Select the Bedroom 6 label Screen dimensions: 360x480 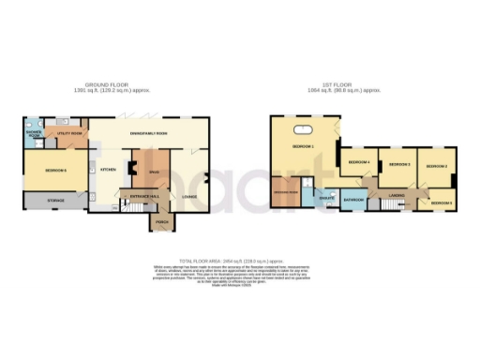click(x=52, y=170)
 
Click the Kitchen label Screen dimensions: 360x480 click(x=108, y=170)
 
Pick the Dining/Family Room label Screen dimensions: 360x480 click(x=155, y=132)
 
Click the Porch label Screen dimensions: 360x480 click(x=161, y=222)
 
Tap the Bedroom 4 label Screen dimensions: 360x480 click(x=358, y=162)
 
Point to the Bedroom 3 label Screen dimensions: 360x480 click(x=397, y=164)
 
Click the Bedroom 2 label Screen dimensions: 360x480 click(x=437, y=166)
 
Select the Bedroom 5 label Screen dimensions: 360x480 click(x=442, y=202)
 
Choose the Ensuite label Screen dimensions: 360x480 click(x=326, y=199)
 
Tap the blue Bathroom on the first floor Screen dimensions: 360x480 click(x=353, y=201)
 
